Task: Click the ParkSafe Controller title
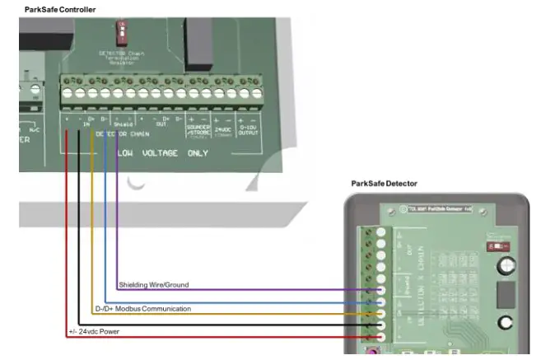click(60, 9)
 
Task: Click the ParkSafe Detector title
click(384, 184)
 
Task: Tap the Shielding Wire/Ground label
click(154, 285)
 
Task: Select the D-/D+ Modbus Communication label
click(143, 309)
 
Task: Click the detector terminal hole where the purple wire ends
click(380, 291)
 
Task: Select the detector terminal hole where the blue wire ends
click(380, 302)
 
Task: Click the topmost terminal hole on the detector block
click(380, 233)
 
